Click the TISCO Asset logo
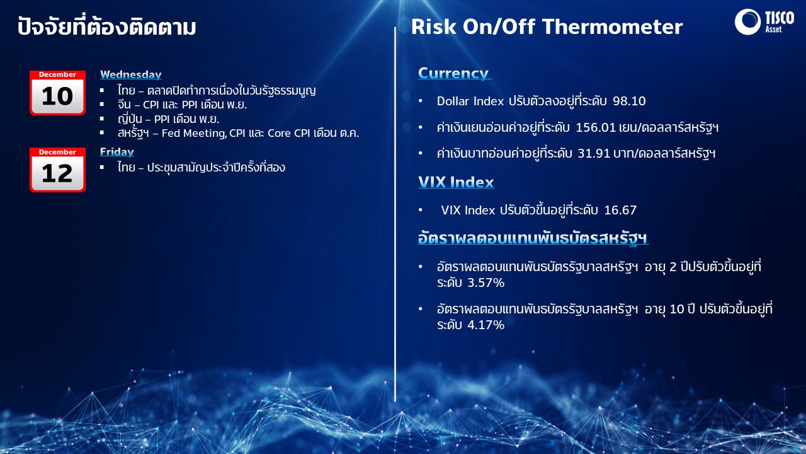764,21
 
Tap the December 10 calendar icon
57,93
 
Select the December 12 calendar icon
57,170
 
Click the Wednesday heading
130,74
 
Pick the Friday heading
117,152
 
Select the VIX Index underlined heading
456,182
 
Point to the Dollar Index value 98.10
629,101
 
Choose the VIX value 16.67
620,210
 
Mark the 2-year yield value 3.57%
485,283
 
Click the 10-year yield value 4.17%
485,325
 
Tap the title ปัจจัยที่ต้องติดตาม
106,26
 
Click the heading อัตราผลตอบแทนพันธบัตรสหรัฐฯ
533,238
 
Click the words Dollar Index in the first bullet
470,101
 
